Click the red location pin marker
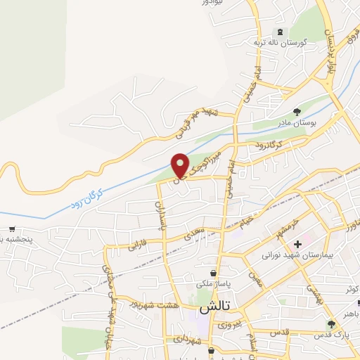181,165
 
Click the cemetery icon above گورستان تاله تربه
282,32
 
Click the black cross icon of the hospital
297,243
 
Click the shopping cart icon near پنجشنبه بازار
12,229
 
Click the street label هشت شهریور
153,305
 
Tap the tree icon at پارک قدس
330,323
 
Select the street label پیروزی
229,325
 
